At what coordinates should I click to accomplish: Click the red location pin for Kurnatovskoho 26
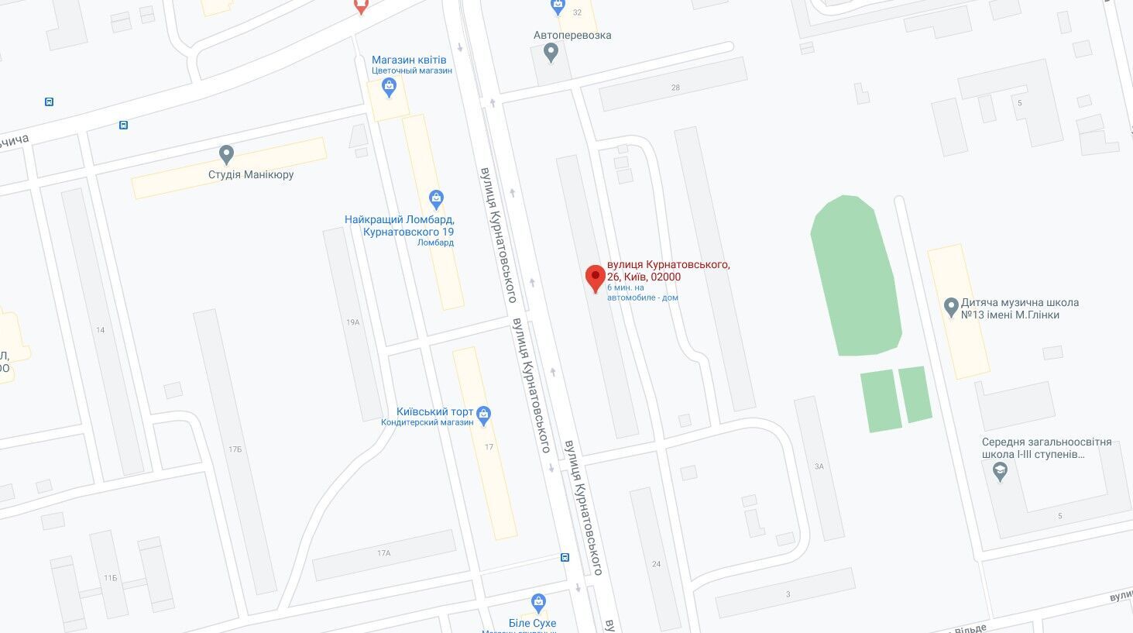point(595,277)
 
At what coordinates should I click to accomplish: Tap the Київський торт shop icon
point(484,415)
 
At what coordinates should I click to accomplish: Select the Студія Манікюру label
point(251,175)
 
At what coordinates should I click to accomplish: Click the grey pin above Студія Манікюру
point(226,154)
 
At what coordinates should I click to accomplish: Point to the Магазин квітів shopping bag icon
point(390,88)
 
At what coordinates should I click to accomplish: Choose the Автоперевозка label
point(572,36)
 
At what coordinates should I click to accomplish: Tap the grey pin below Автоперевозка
point(551,53)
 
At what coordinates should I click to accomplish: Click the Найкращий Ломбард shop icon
point(436,199)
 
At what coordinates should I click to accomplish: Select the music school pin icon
point(952,308)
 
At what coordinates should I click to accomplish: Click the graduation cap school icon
point(1000,471)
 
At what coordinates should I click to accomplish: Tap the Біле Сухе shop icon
point(538,602)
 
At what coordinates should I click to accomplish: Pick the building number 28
point(675,88)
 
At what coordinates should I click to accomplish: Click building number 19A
point(353,322)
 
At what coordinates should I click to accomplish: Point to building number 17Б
point(235,449)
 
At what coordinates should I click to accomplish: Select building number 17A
point(384,553)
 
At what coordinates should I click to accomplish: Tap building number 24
point(656,564)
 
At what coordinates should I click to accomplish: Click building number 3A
point(819,466)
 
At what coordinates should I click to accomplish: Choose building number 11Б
point(110,578)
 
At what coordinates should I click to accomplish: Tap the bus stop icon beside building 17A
point(565,557)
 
